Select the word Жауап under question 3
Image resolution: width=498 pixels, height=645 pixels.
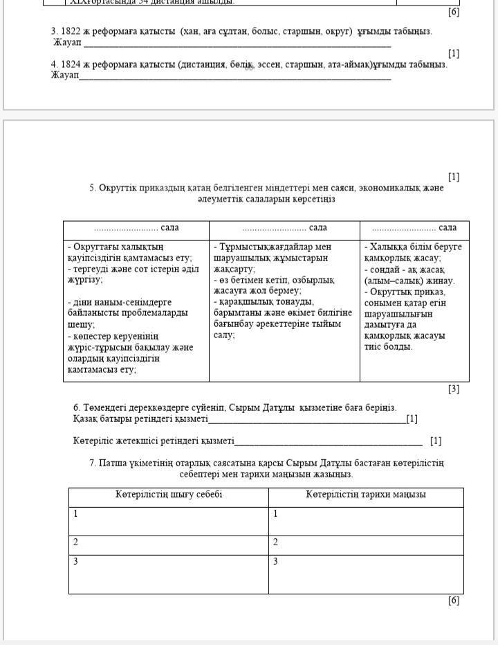(x=67, y=42)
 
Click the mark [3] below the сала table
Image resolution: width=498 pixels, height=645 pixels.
(x=453, y=389)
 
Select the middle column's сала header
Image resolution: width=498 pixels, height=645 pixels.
(x=284, y=228)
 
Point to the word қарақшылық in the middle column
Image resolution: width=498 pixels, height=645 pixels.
(x=245, y=301)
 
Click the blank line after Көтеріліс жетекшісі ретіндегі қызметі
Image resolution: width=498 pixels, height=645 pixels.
(x=328, y=441)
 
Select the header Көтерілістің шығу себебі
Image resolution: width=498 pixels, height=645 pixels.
(x=168, y=495)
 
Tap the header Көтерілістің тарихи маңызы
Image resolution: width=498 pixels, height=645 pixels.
(x=366, y=495)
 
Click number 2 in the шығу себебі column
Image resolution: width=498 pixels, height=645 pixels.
(x=75, y=542)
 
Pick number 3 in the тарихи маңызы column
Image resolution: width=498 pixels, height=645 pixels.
(x=275, y=561)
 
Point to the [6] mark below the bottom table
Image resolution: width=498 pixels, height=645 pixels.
(x=453, y=601)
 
